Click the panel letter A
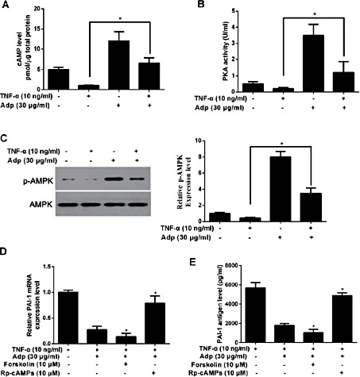6,6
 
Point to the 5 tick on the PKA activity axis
215,11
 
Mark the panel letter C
6,130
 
